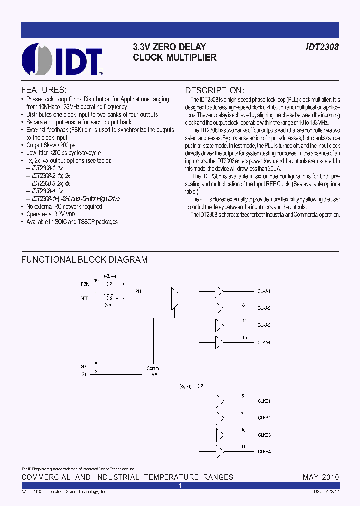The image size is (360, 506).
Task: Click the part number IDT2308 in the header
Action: tap(322, 47)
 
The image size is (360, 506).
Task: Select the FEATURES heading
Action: tap(43, 90)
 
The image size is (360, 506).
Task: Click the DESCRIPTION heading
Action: tap(215, 90)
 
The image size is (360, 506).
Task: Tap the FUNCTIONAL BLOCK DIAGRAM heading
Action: tap(84, 260)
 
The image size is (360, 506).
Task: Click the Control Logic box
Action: tap(153, 370)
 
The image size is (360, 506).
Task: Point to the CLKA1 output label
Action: tap(264, 291)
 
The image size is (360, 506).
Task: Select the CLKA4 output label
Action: tap(264, 342)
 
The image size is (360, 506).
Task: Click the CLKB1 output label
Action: tap(264, 401)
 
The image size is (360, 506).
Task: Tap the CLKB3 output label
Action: tap(264, 435)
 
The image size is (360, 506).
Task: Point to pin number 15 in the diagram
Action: tap(244, 338)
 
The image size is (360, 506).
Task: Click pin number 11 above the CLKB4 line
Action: tap(243, 447)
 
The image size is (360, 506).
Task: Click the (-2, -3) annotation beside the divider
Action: tap(185, 386)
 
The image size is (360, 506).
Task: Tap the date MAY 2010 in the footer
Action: tap(321, 477)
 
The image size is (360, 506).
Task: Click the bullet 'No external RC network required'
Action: tap(64, 206)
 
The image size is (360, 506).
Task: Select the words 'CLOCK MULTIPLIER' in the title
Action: tap(175, 58)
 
